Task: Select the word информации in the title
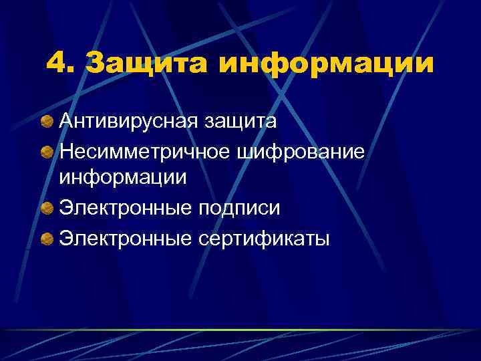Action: pyautogui.click(x=325, y=66)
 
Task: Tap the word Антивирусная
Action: pyautogui.click(x=126, y=122)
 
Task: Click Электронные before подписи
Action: pyautogui.click(x=126, y=208)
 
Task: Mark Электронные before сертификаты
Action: pyautogui.click(x=126, y=237)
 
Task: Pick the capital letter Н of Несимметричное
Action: pyautogui.click(x=67, y=150)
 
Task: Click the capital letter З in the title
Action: pyautogui.click(x=98, y=65)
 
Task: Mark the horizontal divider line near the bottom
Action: pyautogui.click(x=240, y=330)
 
